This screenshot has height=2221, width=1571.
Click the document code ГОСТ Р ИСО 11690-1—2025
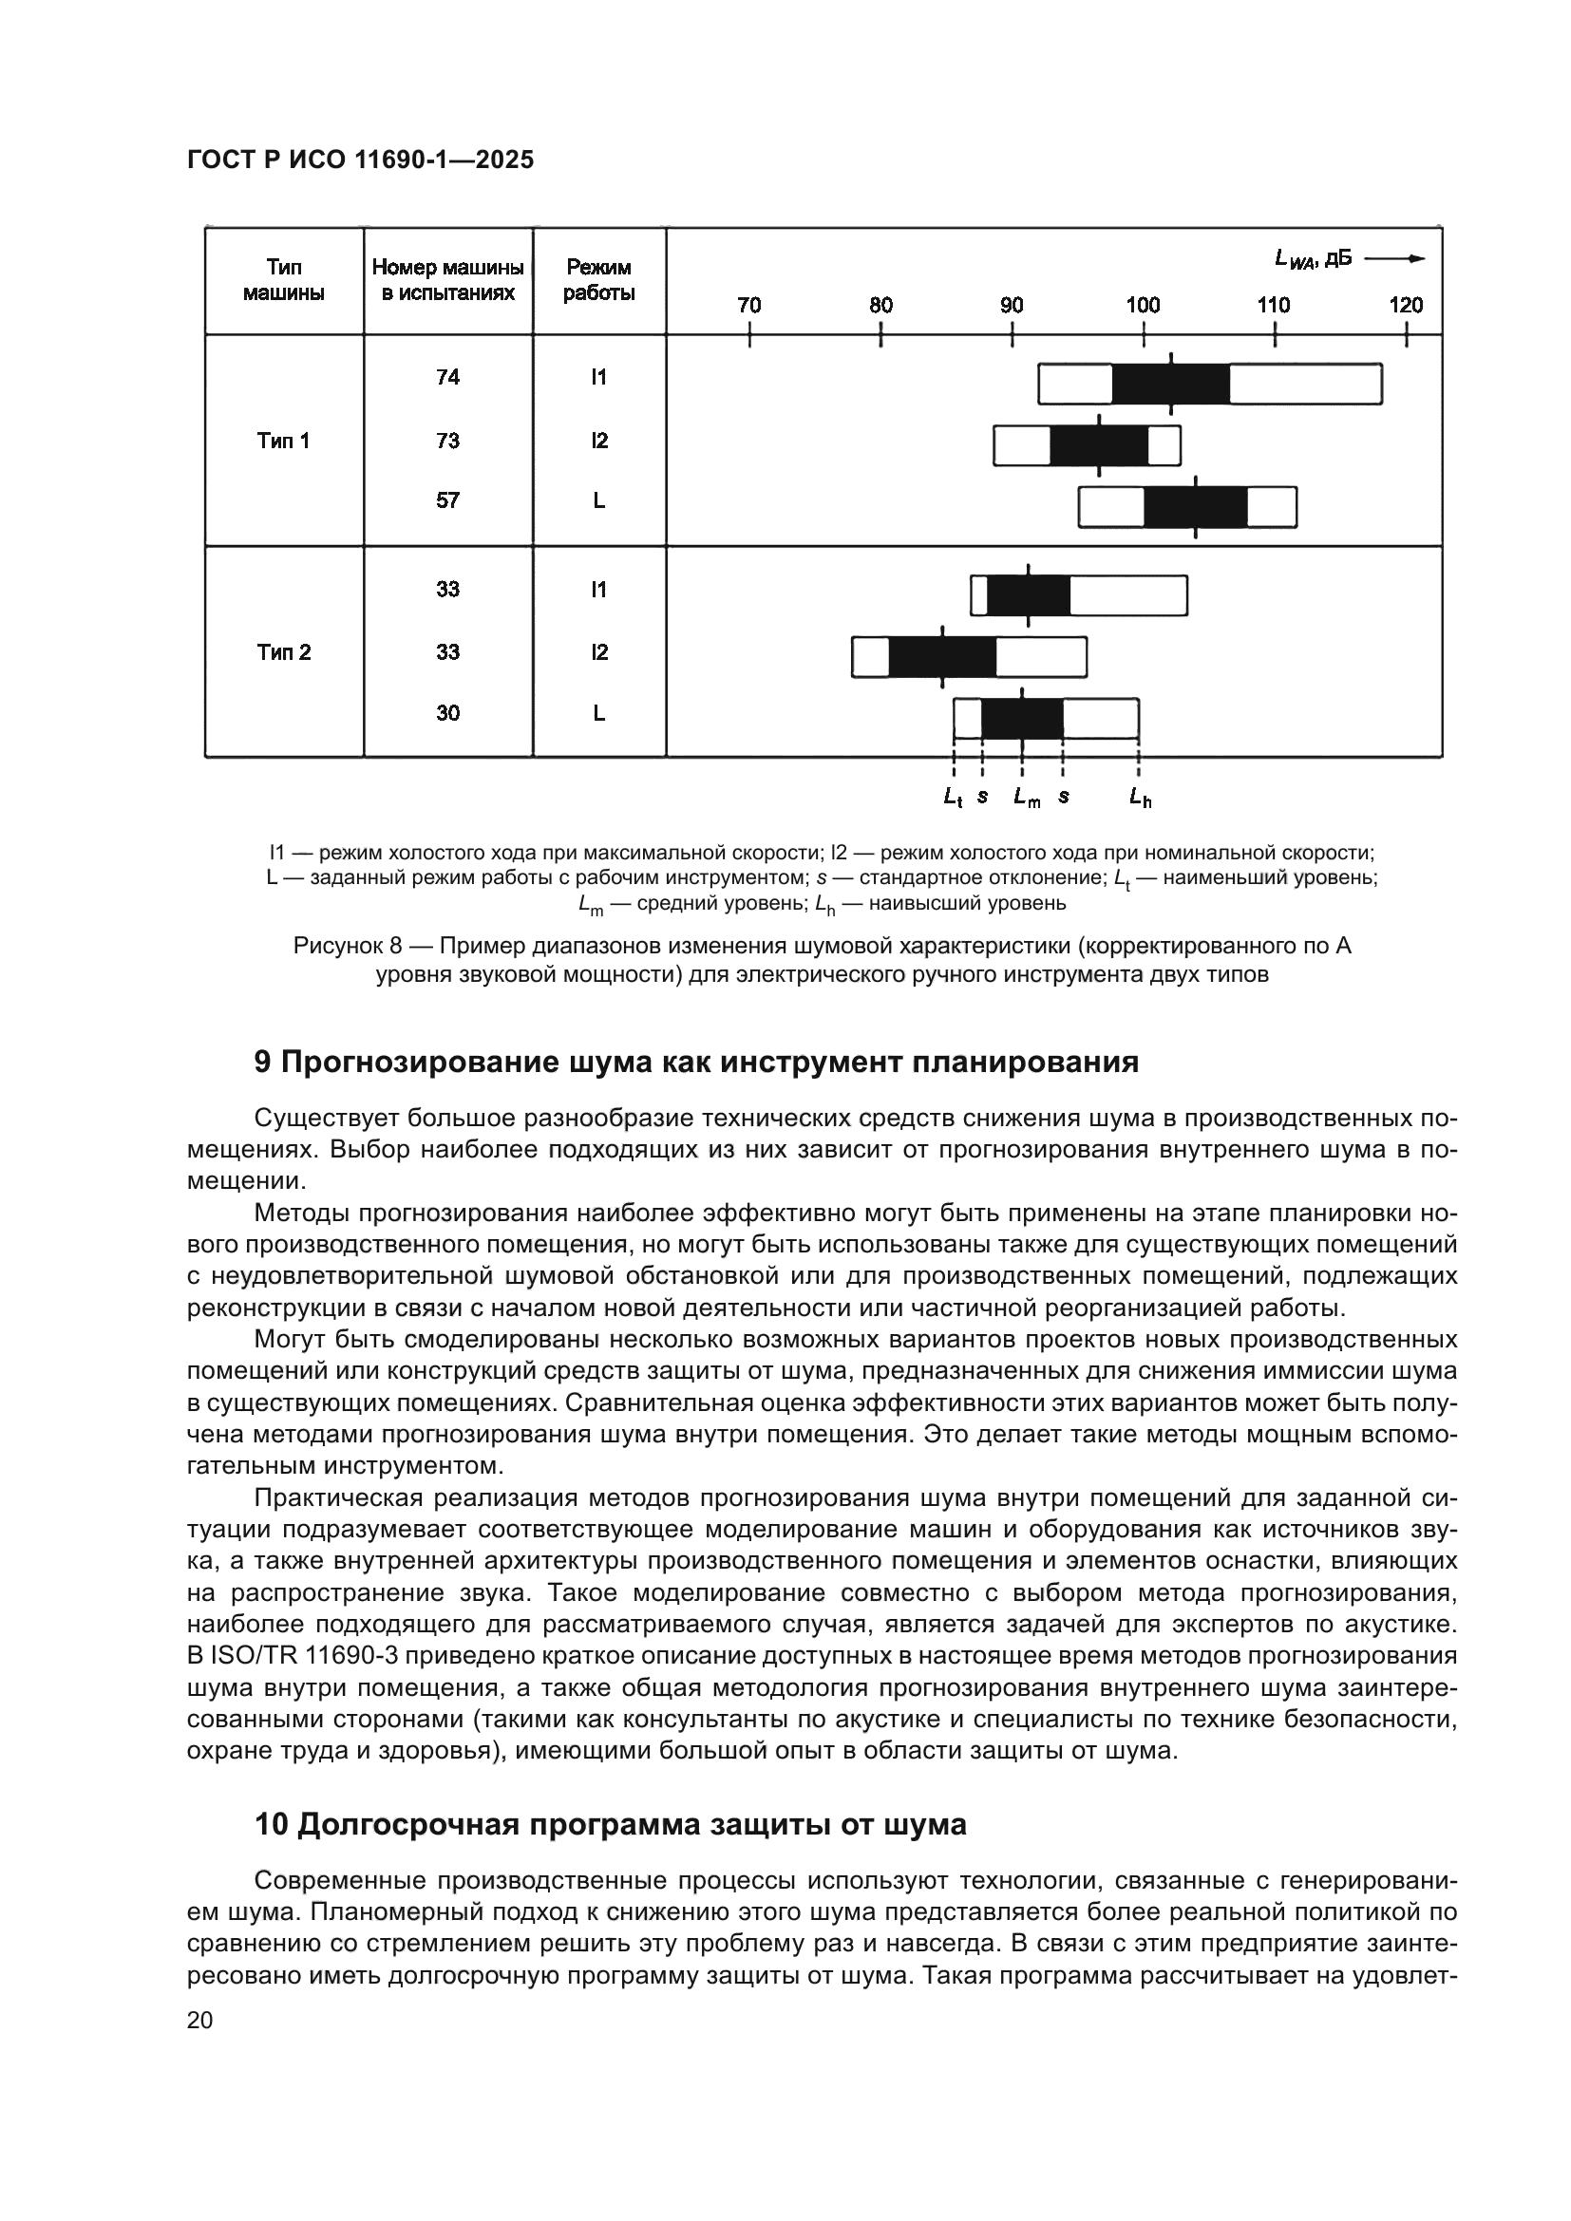point(360,160)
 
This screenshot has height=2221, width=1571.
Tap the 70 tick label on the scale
point(748,306)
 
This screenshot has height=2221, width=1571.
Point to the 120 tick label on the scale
point(1406,306)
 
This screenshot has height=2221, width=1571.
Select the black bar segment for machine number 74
point(1170,384)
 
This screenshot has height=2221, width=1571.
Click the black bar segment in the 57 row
point(1196,508)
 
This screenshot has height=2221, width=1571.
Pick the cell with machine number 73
point(448,442)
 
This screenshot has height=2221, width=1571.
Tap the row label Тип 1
point(283,442)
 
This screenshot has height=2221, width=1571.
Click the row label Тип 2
point(283,652)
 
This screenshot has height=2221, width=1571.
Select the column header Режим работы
point(598,279)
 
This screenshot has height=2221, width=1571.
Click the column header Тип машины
point(283,279)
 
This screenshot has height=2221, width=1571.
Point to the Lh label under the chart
point(1141,798)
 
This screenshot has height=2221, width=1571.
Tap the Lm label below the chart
point(1027,798)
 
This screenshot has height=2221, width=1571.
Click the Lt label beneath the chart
point(953,798)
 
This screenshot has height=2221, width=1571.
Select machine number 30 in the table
point(448,713)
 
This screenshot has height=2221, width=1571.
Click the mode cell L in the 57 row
point(598,501)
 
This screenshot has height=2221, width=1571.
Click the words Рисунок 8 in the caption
point(348,946)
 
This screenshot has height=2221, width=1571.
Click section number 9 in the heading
point(262,1063)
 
